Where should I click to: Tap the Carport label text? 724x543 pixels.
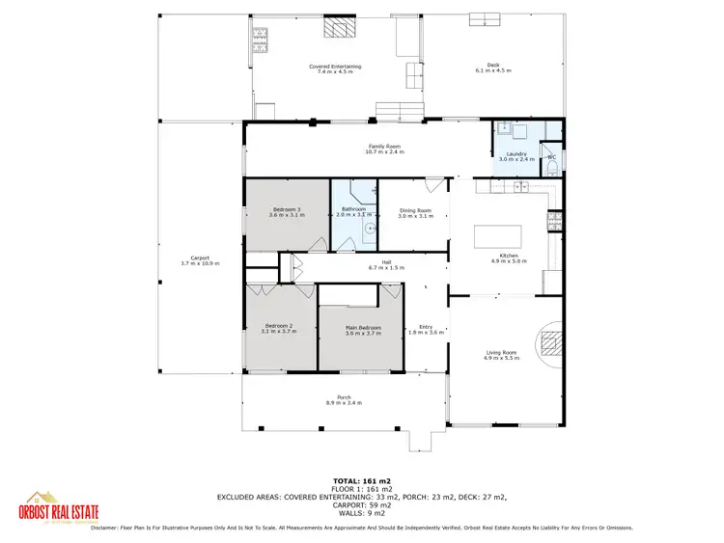point(201,258)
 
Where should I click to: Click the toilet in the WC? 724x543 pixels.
point(550,169)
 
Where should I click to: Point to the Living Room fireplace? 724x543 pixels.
point(550,343)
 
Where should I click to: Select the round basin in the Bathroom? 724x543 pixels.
point(344,229)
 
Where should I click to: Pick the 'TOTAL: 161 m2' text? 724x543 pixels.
point(361,480)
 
